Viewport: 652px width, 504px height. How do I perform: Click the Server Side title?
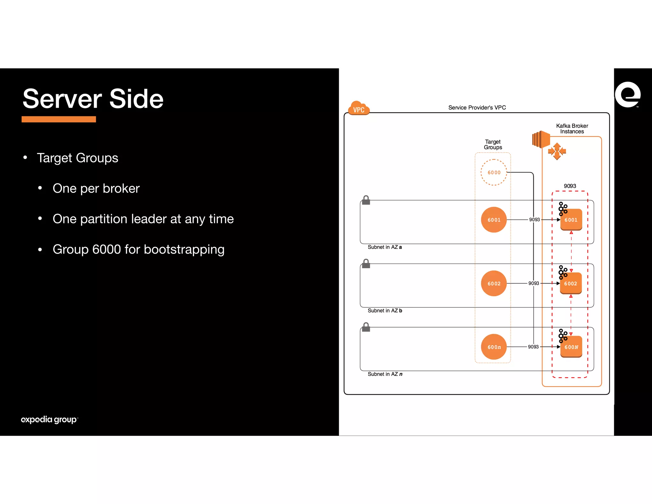click(93, 99)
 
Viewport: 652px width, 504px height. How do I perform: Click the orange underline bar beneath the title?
click(59, 119)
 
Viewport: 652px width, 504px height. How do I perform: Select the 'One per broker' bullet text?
click(96, 188)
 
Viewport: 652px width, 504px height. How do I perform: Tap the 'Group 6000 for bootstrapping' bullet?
click(138, 249)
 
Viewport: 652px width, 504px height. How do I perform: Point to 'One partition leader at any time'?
click(143, 219)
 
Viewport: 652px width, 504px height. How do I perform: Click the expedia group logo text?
click(49, 419)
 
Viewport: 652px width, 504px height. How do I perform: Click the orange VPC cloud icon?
click(359, 108)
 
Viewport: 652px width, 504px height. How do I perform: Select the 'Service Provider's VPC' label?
click(477, 108)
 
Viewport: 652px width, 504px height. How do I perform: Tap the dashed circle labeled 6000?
click(494, 172)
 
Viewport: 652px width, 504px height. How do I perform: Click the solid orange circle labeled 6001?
click(494, 220)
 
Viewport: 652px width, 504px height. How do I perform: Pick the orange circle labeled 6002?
click(494, 284)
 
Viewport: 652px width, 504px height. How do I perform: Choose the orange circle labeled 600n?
click(494, 347)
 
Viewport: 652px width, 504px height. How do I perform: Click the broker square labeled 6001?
click(571, 220)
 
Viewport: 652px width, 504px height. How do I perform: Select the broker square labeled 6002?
click(571, 284)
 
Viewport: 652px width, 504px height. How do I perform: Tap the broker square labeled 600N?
click(571, 347)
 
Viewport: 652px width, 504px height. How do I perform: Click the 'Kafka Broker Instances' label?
click(572, 129)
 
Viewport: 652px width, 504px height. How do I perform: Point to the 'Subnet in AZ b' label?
click(385, 311)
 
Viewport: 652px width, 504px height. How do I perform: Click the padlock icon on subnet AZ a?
click(366, 200)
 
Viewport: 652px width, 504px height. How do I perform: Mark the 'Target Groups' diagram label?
click(493, 144)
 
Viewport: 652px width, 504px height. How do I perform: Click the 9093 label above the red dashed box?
click(570, 186)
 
